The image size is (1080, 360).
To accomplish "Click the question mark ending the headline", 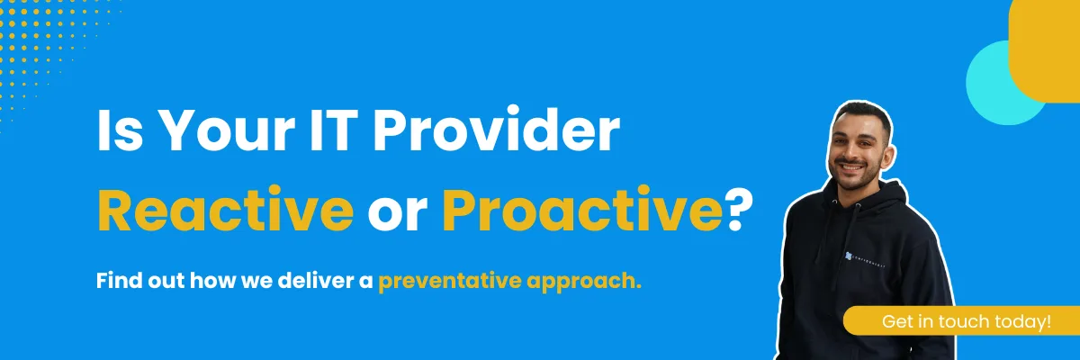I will [x=740, y=209].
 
